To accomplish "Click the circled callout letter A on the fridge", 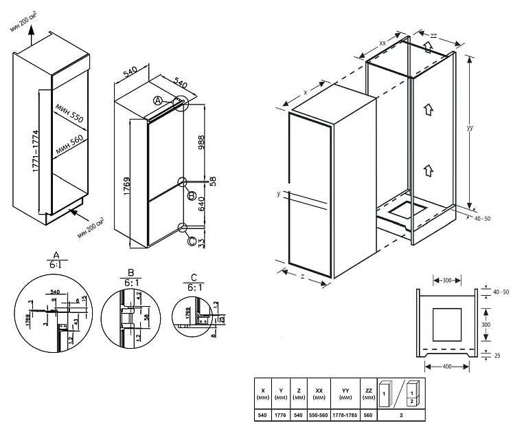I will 157,100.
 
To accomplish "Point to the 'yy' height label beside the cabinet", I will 470,128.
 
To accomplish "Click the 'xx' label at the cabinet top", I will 382,43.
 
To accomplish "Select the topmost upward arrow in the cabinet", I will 428,47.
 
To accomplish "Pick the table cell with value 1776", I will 280,415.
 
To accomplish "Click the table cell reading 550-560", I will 319,415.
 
